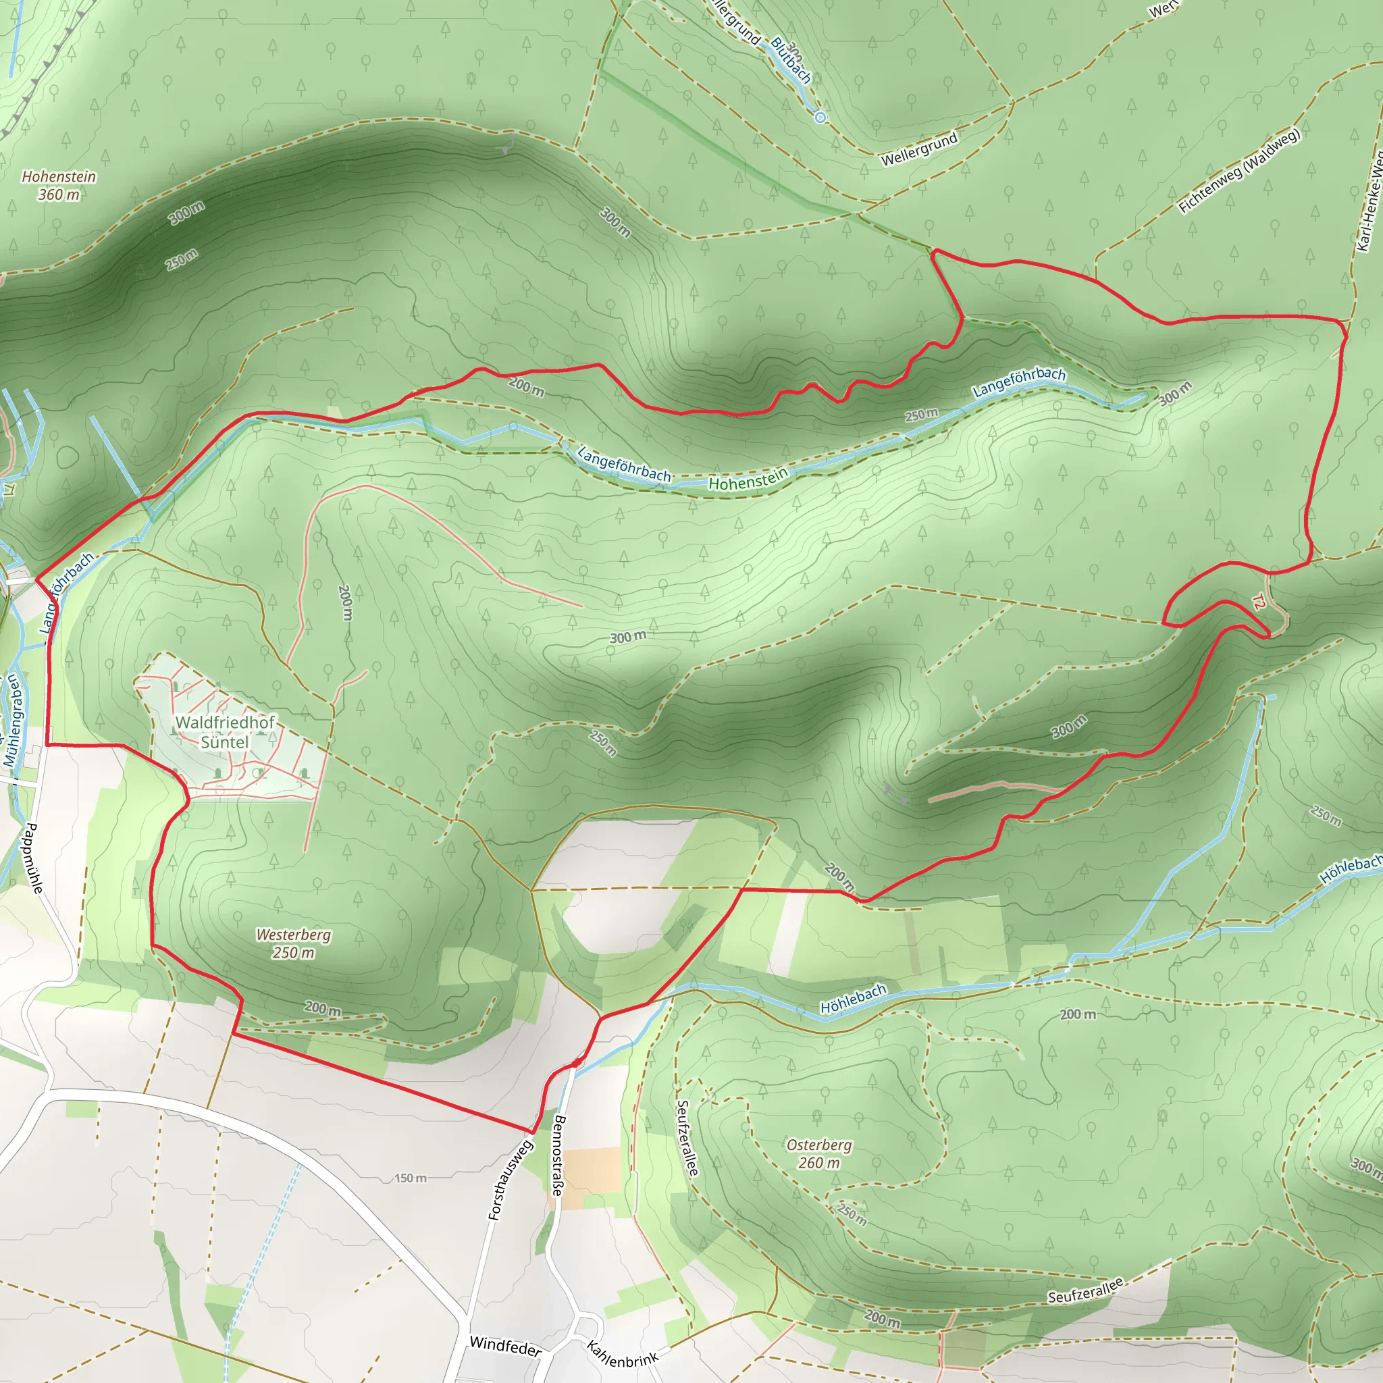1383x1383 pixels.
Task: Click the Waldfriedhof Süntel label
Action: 225,731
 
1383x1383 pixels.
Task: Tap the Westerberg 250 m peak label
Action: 294,943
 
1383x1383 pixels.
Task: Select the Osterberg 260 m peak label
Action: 819,1154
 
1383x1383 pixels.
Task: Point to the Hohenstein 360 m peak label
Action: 59,186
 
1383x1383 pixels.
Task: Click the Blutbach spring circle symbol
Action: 820,118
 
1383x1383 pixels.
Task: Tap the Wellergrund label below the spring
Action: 918,149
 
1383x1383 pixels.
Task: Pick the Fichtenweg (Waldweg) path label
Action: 1238,170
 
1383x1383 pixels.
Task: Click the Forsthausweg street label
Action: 511,1180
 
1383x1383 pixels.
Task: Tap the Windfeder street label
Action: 505,1346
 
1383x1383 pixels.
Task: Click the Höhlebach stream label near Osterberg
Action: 854,999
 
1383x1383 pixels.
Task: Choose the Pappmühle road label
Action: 34,858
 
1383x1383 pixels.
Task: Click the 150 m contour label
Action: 410,1178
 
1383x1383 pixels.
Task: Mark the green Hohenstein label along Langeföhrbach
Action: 748,479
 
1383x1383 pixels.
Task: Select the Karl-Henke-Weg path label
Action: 1369,201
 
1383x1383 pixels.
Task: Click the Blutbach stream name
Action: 791,60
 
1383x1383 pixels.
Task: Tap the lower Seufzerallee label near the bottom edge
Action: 1086,1290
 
